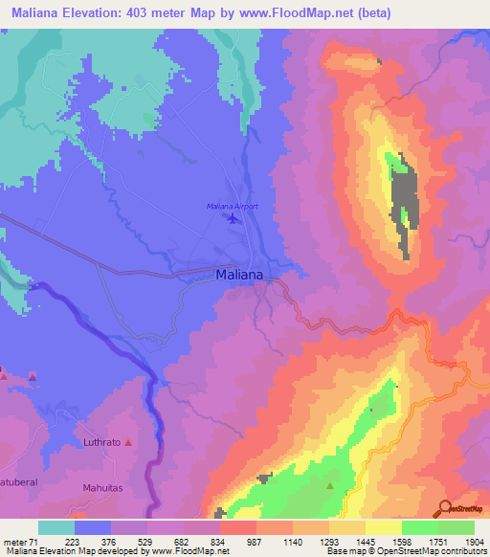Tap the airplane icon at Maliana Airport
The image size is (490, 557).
[234, 219]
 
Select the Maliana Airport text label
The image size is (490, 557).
[233, 206]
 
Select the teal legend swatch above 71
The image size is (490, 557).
[56, 527]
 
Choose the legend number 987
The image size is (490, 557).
[253, 542]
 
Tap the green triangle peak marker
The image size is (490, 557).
[331, 485]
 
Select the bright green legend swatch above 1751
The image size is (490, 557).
[420, 527]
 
